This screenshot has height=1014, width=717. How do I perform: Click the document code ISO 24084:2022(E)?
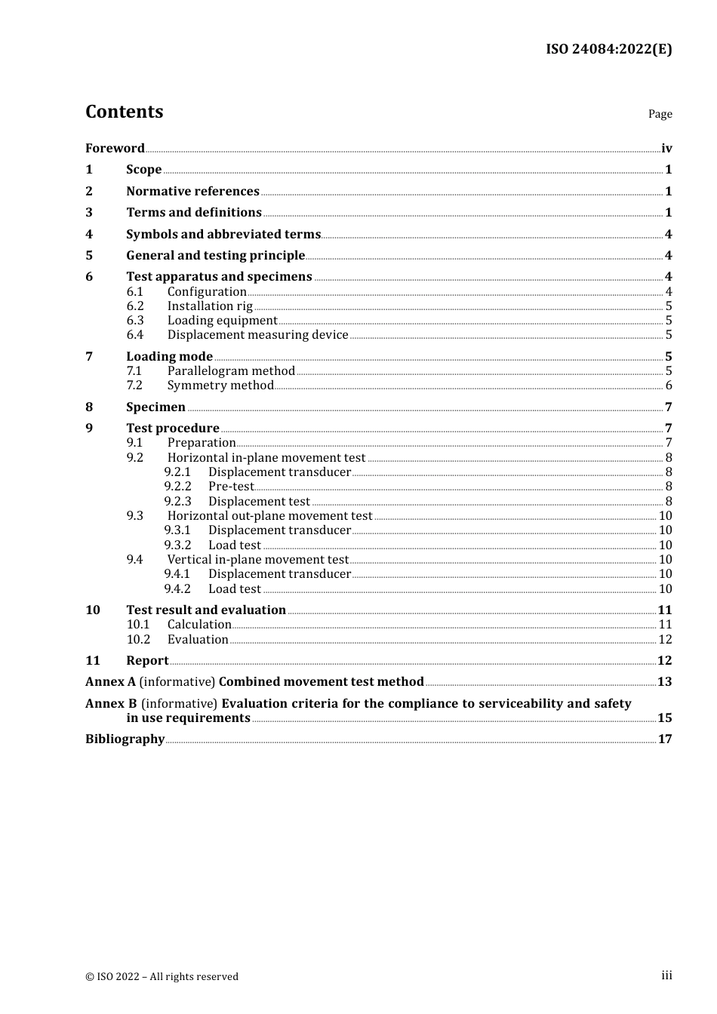608,49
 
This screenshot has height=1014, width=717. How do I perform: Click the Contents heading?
124,112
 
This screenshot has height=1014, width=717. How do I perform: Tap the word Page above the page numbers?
660,114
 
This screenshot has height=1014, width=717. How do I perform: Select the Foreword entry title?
115,148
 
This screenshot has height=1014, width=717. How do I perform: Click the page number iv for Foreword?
666,148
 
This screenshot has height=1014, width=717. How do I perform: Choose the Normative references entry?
192,191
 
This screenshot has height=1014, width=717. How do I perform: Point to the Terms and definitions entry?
194,212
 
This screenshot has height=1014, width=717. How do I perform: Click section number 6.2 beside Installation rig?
135,306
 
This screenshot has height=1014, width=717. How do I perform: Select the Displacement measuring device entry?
257,334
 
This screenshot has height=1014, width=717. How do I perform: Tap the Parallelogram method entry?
231,370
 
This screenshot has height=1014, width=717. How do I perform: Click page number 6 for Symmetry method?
669,386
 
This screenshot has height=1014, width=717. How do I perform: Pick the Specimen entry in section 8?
155,407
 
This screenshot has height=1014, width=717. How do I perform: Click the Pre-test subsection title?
231,487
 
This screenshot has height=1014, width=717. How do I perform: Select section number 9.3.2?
177,545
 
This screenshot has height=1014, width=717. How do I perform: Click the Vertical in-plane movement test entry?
257,559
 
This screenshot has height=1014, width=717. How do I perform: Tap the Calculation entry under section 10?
199,624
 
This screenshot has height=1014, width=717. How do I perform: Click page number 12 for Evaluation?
665,639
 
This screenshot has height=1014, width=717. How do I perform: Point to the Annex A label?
110,681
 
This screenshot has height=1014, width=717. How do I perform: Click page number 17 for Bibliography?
665,739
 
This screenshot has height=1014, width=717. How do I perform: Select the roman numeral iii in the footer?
666,976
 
